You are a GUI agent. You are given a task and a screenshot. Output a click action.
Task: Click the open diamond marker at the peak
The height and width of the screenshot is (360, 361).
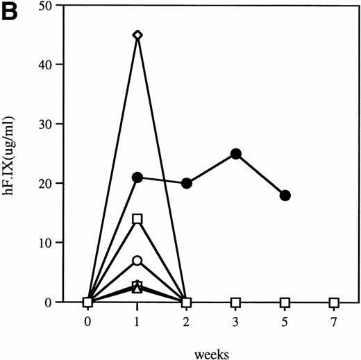click(137, 35)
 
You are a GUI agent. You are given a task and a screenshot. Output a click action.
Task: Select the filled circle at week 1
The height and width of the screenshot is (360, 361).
click(137, 178)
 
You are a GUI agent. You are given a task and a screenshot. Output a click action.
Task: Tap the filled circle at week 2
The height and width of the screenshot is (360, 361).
click(187, 184)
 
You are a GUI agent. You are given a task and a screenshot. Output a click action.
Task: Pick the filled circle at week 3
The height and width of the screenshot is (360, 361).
click(236, 154)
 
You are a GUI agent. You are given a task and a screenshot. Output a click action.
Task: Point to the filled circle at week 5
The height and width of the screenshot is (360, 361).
click(285, 196)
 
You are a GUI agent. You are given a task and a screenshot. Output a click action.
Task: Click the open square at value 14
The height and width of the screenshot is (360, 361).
click(137, 219)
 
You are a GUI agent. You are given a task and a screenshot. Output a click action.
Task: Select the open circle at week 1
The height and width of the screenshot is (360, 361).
click(137, 261)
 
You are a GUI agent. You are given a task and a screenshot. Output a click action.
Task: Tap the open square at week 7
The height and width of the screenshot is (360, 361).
click(335, 303)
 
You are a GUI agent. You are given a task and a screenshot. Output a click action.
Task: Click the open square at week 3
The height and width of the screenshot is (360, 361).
click(236, 303)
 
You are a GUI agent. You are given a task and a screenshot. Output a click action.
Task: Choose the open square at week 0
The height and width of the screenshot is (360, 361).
click(88, 302)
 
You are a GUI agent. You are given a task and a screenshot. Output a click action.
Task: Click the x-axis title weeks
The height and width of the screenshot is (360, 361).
click(211, 351)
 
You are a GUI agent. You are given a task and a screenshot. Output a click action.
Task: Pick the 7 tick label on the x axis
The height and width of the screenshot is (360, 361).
click(335, 322)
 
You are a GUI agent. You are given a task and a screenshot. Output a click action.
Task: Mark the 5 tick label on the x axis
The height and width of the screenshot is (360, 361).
click(285, 322)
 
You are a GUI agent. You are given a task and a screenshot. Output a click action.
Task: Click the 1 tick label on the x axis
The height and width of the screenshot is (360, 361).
click(137, 322)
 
